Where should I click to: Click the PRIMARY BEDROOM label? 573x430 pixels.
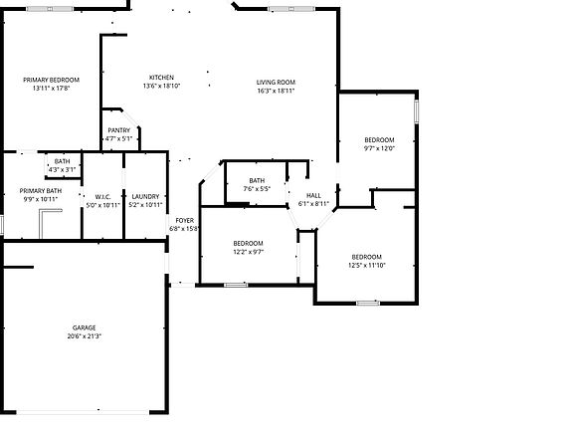click(52, 80)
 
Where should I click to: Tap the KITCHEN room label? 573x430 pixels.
click(161, 78)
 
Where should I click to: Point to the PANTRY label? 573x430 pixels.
click(119, 130)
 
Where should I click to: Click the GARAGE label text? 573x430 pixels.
click(84, 327)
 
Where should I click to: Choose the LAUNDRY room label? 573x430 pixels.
click(145, 196)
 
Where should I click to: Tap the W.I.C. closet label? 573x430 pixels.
click(101, 196)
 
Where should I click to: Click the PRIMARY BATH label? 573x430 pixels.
click(40, 190)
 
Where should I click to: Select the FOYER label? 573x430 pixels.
click(185, 220)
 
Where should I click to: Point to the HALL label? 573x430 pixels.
click(313, 195)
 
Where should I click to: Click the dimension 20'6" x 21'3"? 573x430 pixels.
click(84, 336)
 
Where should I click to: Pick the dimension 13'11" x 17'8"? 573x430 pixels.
click(52, 88)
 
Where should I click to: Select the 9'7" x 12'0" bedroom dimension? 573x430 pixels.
click(379, 148)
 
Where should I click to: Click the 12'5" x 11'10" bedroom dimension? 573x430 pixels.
click(366, 266)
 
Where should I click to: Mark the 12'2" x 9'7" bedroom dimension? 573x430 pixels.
click(248, 252)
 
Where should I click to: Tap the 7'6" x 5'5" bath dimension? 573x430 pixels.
click(257, 188)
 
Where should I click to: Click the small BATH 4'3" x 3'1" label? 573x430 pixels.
click(62, 165)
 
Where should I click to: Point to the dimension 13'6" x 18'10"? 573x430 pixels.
click(161, 86)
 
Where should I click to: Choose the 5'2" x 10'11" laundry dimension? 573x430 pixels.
click(145, 205)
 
